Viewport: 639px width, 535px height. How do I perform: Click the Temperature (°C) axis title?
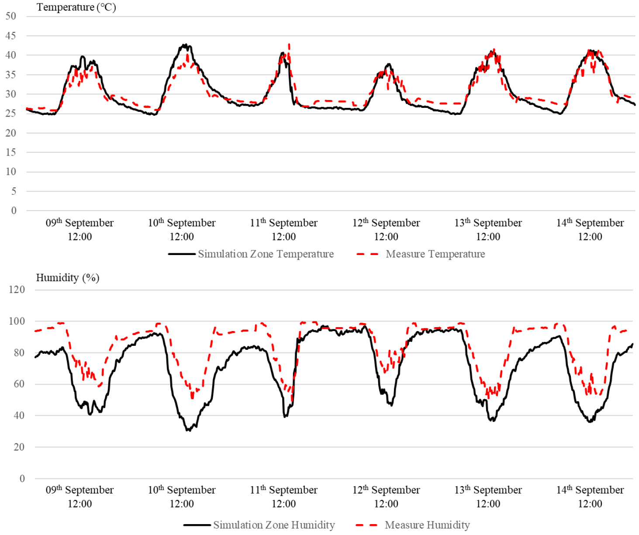[x=76, y=7]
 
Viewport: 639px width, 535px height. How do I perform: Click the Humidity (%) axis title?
[x=67, y=278]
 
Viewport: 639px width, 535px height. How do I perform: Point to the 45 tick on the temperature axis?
[x=11, y=36]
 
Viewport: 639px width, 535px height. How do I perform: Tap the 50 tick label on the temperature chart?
[x=11, y=16]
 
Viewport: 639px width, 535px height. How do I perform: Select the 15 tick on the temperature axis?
[x=11, y=152]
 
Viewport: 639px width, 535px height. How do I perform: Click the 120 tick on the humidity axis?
[x=17, y=290]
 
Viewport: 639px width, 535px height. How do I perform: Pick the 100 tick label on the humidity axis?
[x=17, y=321]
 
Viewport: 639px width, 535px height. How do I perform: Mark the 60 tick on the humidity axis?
[x=19, y=384]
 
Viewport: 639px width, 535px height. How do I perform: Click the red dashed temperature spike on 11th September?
[x=289, y=45]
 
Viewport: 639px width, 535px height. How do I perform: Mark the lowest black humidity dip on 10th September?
[x=188, y=430]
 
